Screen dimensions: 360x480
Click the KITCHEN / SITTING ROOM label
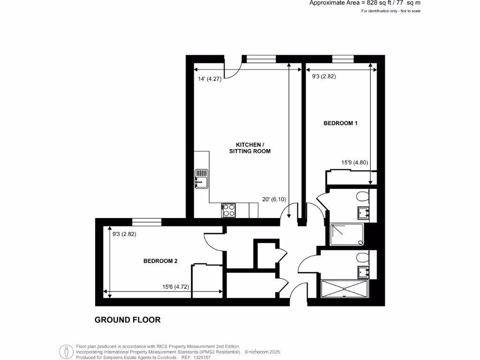pyautogui.click(x=250, y=148)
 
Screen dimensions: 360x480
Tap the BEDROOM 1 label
pyautogui.click(x=341, y=123)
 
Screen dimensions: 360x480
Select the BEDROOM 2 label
pyautogui.click(x=160, y=262)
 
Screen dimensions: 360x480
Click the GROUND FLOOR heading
pyautogui.click(x=127, y=320)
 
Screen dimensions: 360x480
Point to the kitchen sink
pyautogui.click(x=201, y=179)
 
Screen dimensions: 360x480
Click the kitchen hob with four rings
pyautogui.click(x=229, y=210)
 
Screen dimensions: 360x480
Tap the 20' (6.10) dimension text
pyautogui.click(x=274, y=199)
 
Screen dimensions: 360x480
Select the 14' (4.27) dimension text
pyautogui.click(x=210, y=79)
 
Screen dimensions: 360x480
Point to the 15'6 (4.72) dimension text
pyautogui.click(x=176, y=287)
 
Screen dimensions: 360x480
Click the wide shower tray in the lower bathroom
pyautogui.click(x=345, y=288)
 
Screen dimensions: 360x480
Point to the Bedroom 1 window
pyautogui.click(x=343, y=59)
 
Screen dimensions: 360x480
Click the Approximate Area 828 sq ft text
pyautogui.click(x=365, y=3)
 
